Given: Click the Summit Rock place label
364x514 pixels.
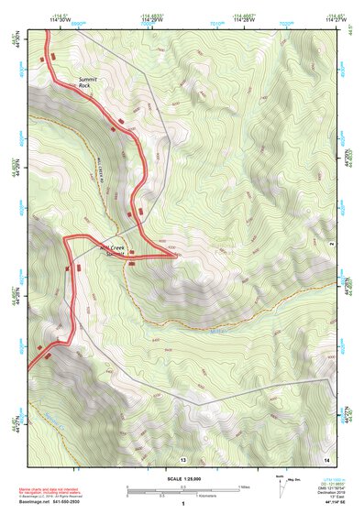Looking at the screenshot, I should tap(90, 82).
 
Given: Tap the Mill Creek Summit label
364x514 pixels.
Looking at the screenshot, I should tap(116, 249).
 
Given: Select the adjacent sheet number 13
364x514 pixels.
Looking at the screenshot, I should tap(183, 457).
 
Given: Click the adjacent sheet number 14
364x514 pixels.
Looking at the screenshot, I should tap(325, 457).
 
